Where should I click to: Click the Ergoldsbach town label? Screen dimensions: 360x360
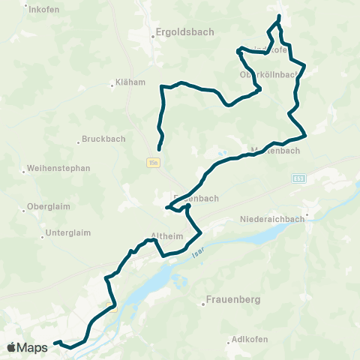click(184, 31)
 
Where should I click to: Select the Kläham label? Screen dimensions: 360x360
click(130, 83)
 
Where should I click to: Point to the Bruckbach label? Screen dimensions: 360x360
click(104, 139)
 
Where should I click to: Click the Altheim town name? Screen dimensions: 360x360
click(167, 235)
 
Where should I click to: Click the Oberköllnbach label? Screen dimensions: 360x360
click(269, 74)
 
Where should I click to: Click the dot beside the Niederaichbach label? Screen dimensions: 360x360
click(307, 214)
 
